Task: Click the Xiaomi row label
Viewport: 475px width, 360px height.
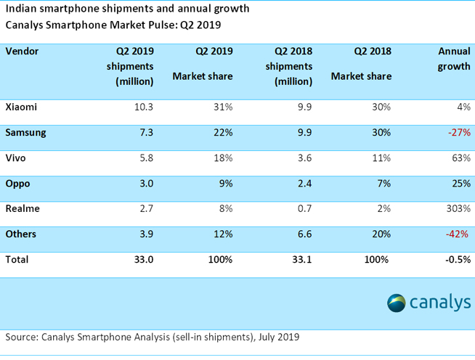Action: point(21,107)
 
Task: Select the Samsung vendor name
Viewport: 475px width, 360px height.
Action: point(26,133)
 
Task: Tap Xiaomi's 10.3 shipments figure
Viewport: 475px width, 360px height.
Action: point(143,107)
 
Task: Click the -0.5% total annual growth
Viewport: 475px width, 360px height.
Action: point(456,258)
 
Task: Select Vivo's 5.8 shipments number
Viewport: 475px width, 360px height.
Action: point(145,158)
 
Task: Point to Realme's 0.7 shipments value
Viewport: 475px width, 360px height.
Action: point(305,208)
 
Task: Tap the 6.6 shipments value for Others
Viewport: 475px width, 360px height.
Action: point(305,234)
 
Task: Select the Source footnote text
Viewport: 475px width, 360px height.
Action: point(153,337)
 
